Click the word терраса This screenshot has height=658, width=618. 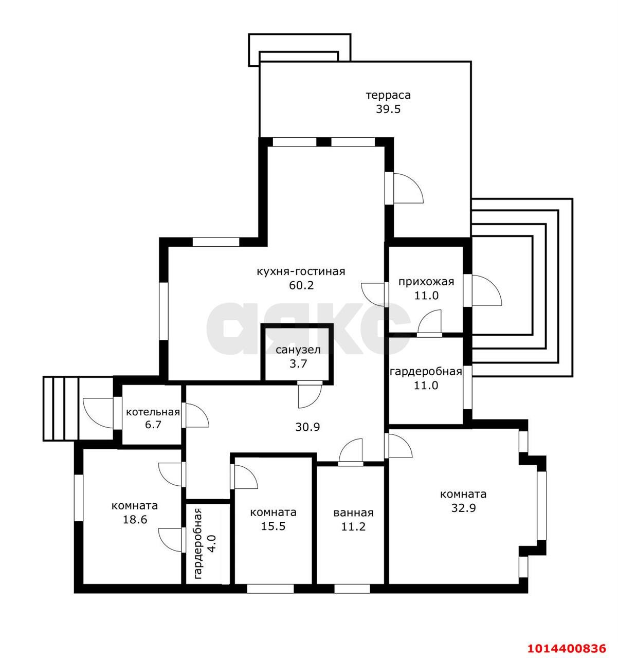point(388,95)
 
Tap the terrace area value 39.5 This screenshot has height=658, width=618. point(388,109)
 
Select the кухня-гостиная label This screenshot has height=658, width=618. point(301,271)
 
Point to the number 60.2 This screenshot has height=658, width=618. point(301,285)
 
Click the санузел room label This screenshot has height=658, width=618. point(298,350)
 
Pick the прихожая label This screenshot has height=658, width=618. point(426,282)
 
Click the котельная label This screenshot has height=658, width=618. point(153,412)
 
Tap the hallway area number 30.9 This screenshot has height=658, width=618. point(307,427)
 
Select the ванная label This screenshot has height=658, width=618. point(353,513)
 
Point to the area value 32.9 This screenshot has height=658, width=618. point(463,508)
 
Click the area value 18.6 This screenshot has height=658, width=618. point(135,520)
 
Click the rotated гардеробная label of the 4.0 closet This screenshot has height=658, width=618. point(198,543)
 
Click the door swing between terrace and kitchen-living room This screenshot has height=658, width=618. point(408,188)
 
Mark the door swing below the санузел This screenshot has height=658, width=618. point(310,396)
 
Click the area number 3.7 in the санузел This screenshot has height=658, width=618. point(298,363)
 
